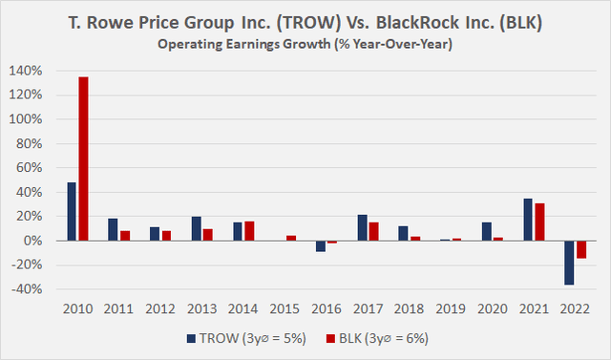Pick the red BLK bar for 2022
(x=579, y=249)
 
